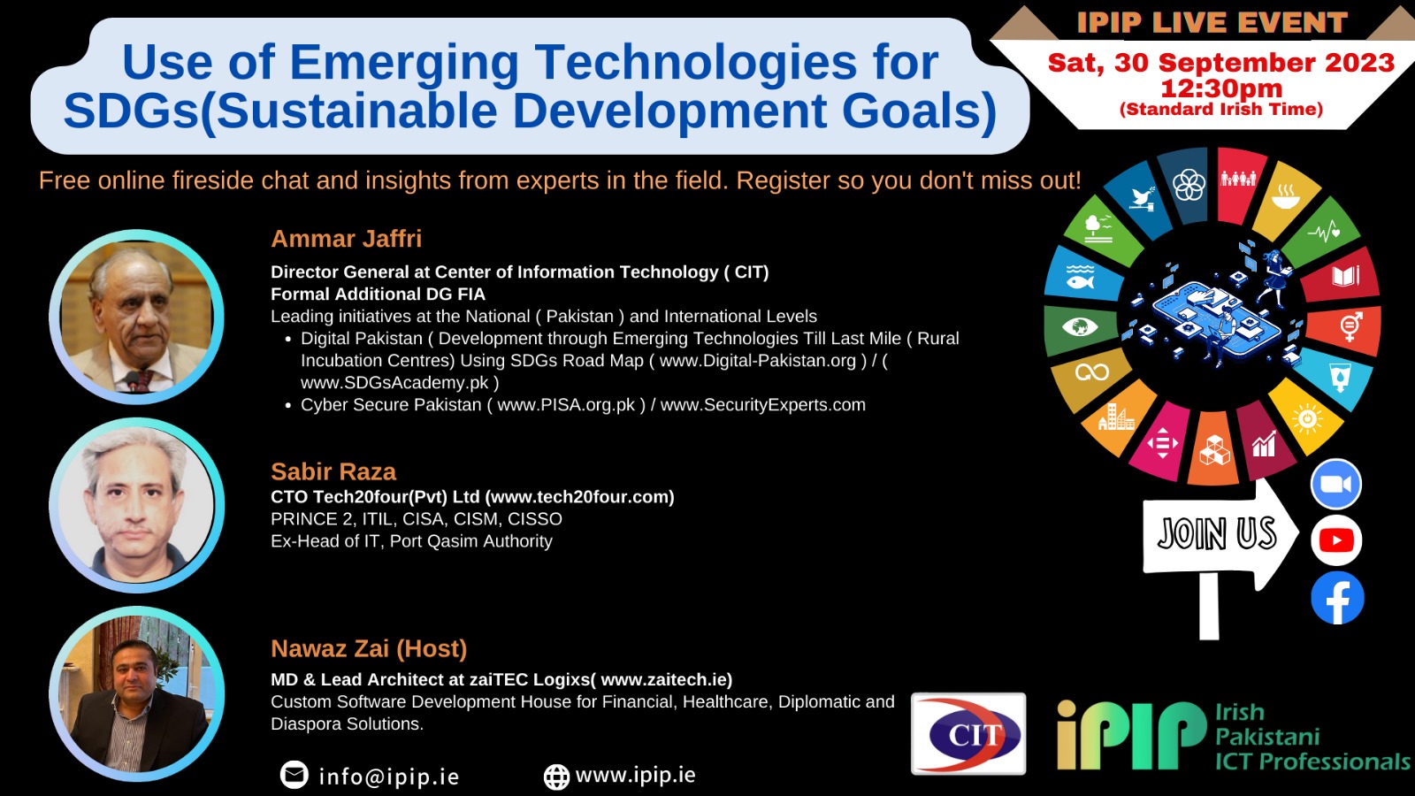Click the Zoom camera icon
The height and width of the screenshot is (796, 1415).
(x=1335, y=484)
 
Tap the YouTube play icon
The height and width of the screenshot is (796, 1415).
(x=1336, y=540)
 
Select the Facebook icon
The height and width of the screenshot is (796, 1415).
(x=1337, y=598)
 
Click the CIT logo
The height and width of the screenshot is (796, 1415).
(x=968, y=733)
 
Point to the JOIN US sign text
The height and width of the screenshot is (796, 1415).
(x=1217, y=533)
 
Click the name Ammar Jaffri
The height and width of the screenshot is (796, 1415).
(x=346, y=239)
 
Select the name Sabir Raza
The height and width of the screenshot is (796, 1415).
(x=333, y=471)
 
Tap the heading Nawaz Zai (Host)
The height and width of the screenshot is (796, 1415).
(x=369, y=649)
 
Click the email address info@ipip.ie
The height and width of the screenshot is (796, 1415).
(x=388, y=777)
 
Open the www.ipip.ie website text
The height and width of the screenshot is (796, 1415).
(x=635, y=775)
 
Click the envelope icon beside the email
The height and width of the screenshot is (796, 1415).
(x=294, y=775)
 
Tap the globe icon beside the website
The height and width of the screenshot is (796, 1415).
(x=556, y=777)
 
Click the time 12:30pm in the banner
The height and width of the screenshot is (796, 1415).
(x=1221, y=88)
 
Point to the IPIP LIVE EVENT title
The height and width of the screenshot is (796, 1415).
(x=1212, y=23)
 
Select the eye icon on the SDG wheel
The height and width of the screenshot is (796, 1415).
(x=1079, y=327)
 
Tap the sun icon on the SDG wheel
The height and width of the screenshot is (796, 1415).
(x=1307, y=417)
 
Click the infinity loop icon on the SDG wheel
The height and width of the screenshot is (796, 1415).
(x=1092, y=372)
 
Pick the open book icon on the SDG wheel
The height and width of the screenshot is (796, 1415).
(x=1345, y=276)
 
